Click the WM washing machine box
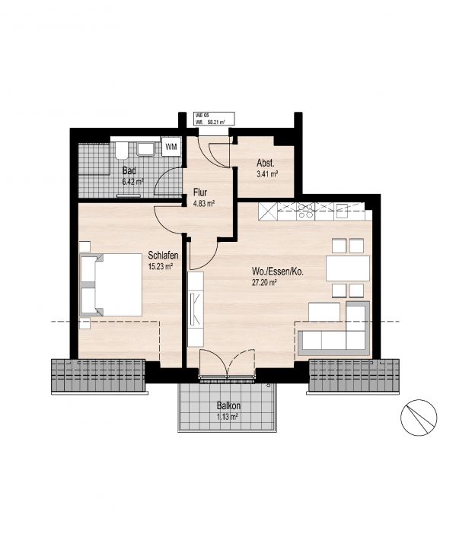click(171, 147)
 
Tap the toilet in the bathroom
click(121, 150)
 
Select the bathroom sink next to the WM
click(146, 149)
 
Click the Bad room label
click(129, 171)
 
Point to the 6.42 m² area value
click(132, 182)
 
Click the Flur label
click(200, 192)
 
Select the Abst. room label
click(266, 163)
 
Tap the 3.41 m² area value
click(267, 174)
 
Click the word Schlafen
click(163, 256)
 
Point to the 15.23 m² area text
click(161, 266)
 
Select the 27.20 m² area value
click(264, 283)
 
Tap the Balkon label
click(228, 405)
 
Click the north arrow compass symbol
click(419, 418)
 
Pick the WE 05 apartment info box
click(215, 119)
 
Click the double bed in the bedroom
click(111, 284)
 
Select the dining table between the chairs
click(348, 268)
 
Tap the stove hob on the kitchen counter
click(305, 211)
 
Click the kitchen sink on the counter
click(343, 211)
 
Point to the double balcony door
click(228, 364)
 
